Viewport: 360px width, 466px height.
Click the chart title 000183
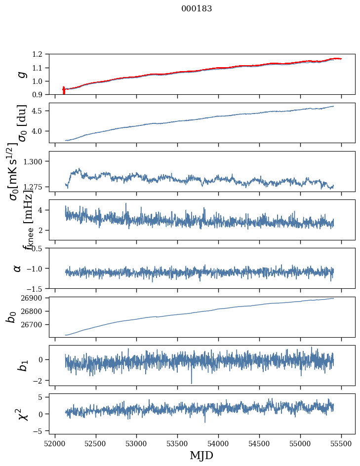pos(197,9)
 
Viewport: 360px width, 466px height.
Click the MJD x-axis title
pos(201,455)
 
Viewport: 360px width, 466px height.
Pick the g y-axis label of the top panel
pos(21,75)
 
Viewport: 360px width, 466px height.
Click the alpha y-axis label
pos(18,268)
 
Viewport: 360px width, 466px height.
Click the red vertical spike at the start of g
pos(64,90)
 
